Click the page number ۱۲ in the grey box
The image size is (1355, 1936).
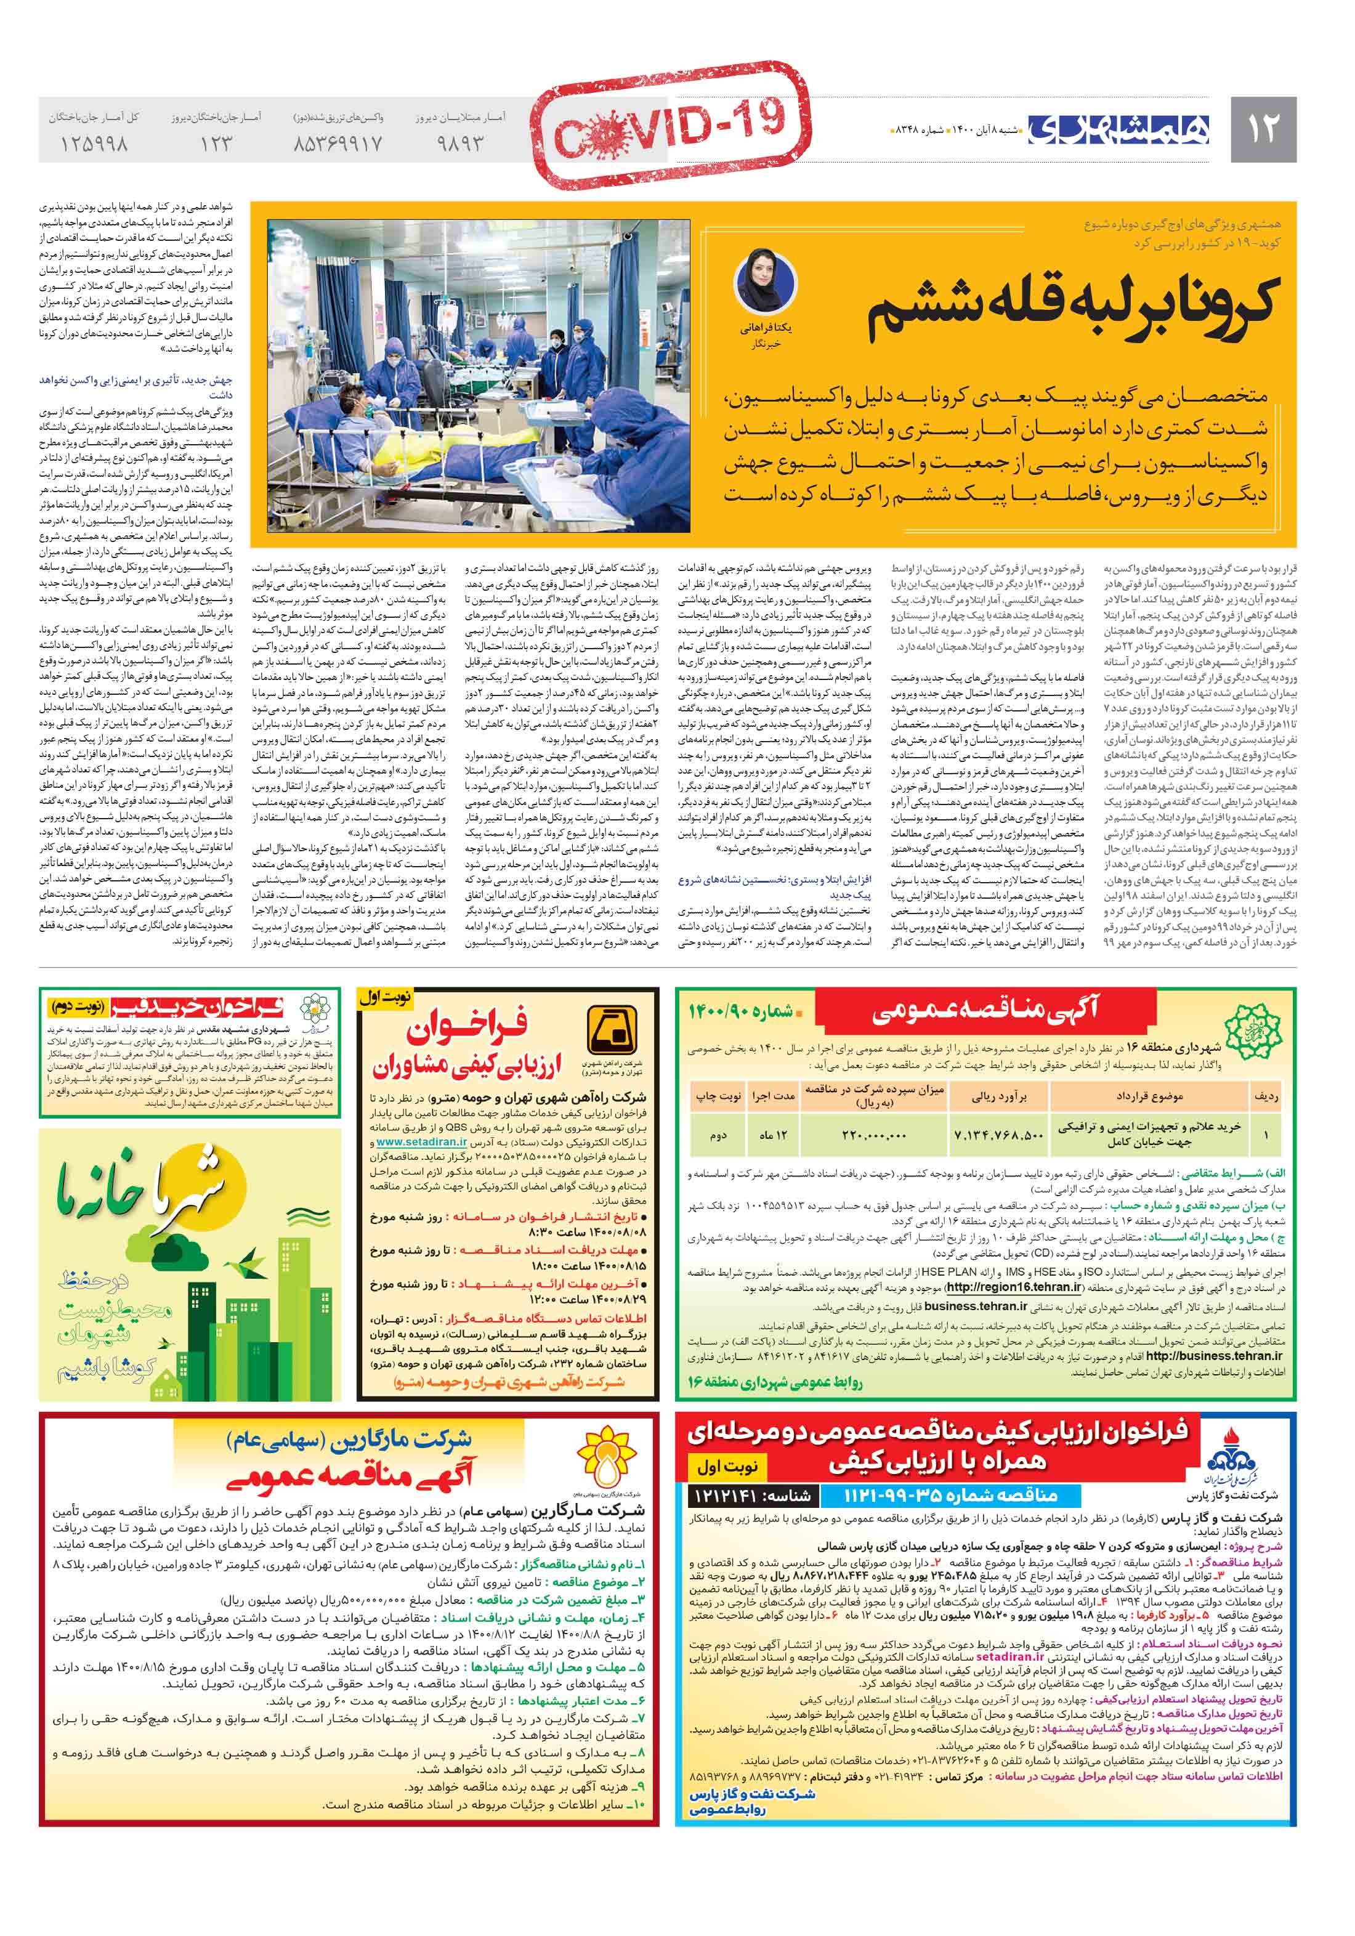point(1262,129)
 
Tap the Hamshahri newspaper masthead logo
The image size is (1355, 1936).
point(1118,129)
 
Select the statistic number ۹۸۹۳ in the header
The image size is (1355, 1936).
point(460,144)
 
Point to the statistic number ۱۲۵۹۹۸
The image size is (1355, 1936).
point(94,144)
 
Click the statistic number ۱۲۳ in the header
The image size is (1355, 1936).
point(216,144)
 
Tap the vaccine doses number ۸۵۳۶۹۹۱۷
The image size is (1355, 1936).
point(338,144)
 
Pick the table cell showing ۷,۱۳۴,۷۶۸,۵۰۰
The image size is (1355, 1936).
point(998,1135)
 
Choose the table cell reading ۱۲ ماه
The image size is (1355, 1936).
point(772,1135)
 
